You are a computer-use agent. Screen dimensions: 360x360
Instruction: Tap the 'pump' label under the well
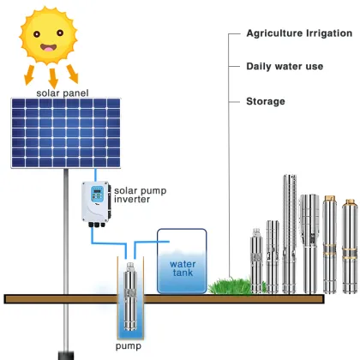click(x=129, y=347)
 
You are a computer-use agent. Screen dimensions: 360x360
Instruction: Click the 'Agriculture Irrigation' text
click(x=299, y=33)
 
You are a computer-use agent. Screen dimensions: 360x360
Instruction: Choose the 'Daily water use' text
click(x=284, y=66)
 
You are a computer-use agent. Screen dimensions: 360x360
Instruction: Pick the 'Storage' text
click(x=266, y=101)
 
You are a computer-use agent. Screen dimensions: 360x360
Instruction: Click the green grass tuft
click(x=226, y=285)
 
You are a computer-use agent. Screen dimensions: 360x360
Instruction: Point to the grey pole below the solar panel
click(x=64, y=257)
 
